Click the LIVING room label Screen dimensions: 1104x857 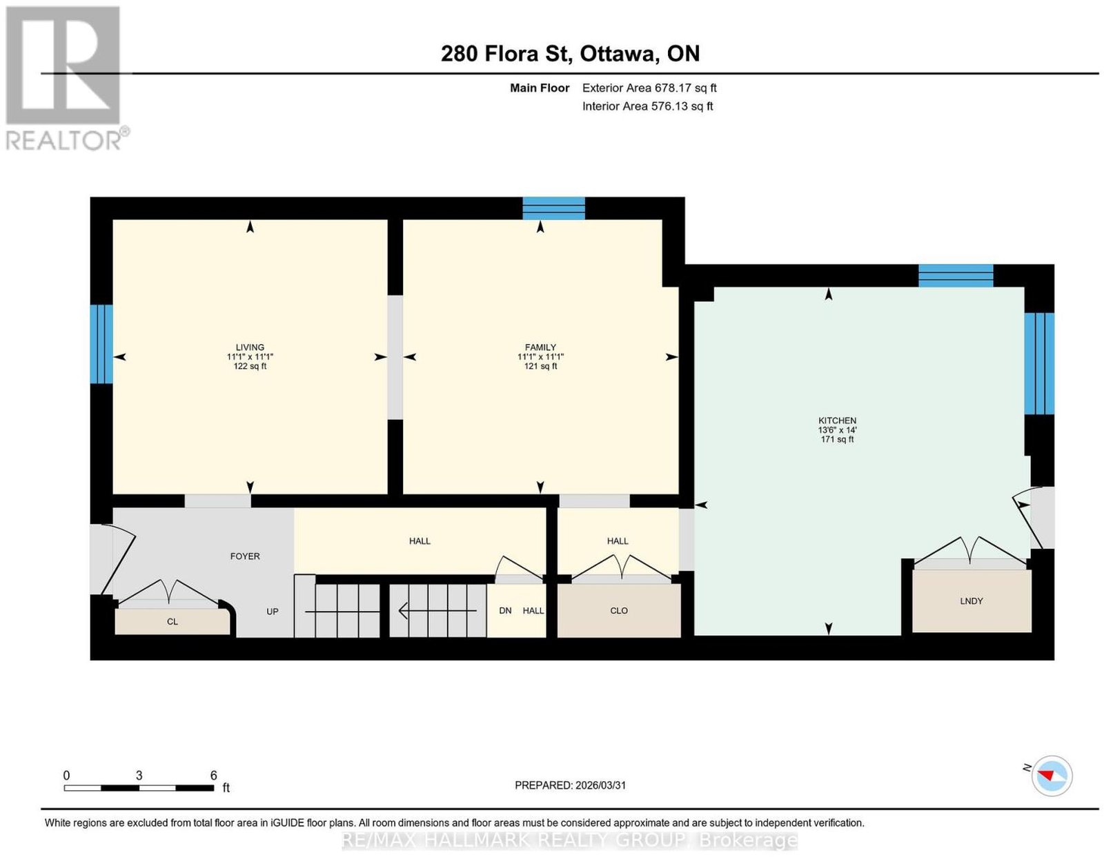[x=250, y=347]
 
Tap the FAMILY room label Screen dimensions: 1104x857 [x=540, y=347]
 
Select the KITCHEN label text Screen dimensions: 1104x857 [x=837, y=421]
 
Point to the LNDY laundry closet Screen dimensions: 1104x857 [x=972, y=601]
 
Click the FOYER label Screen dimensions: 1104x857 [x=245, y=556]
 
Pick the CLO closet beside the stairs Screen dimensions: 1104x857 [x=619, y=610]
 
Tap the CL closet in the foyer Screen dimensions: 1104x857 [x=172, y=622]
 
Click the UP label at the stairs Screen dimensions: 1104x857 [x=273, y=612]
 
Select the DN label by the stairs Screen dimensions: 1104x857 [x=505, y=610]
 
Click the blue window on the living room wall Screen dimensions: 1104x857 [x=101, y=344]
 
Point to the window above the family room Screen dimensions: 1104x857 [x=554, y=208]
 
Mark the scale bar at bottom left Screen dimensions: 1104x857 [x=139, y=788]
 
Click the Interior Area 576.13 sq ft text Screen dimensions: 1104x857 [x=648, y=106]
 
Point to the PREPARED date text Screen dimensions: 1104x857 [x=570, y=785]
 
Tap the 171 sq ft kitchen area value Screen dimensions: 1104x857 [x=837, y=439]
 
